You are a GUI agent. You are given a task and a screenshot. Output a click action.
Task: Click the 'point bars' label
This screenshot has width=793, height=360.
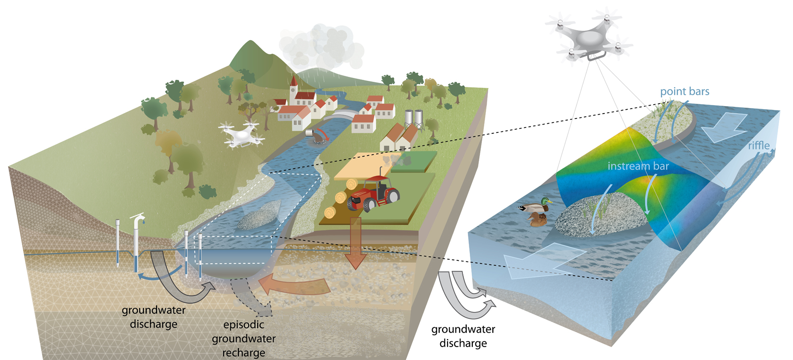click(684, 92)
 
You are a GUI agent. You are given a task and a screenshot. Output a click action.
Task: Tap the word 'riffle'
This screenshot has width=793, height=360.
click(758, 146)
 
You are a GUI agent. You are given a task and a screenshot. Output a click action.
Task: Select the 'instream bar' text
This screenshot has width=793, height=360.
click(638, 167)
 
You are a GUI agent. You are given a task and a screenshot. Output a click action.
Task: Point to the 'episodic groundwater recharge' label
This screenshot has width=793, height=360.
click(243, 339)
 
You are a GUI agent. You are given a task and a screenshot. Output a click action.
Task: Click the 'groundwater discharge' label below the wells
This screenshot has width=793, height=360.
click(154, 317)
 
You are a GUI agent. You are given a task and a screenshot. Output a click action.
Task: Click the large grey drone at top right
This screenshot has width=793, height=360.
click(588, 37)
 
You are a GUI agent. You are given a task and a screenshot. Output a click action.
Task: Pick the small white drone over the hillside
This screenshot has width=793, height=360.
click(241, 135)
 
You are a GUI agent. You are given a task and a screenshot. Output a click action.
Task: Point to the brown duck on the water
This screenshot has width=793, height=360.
click(537, 219)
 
